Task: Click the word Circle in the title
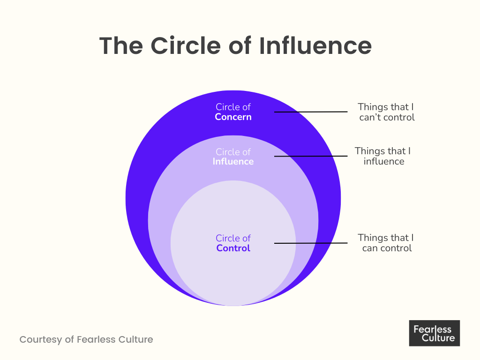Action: (x=184, y=45)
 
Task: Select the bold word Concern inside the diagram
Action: (x=233, y=117)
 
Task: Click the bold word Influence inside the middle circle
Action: (x=233, y=162)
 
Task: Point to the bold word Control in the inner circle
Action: (x=233, y=248)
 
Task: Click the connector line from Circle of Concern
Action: (x=310, y=112)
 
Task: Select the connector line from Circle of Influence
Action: (x=310, y=156)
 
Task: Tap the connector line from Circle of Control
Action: (x=310, y=243)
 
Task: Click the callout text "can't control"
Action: (x=387, y=118)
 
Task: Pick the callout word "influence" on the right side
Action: (x=383, y=162)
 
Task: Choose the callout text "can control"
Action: (x=387, y=248)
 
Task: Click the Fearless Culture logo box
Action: (x=434, y=333)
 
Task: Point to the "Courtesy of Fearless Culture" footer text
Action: (x=86, y=339)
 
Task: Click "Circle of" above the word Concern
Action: (x=233, y=107)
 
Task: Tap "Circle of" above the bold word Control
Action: (x=233, y=238)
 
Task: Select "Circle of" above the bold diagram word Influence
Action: (x=233, y=152)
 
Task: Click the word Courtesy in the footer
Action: (x=40, y=339)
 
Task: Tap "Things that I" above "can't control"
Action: (x=386, y=107)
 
